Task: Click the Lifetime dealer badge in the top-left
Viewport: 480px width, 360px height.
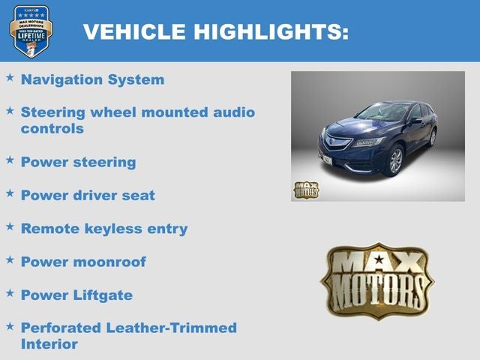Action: (x=31, y=31)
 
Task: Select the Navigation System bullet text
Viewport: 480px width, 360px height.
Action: (x=92, y=79)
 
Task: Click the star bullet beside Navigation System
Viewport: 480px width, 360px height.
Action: (x=10, y=77)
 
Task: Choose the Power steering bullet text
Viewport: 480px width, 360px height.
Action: (x=78, y=162)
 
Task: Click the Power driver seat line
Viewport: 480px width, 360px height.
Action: (x=88, y=195)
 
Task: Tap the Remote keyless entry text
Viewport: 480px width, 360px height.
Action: (x=103, y=229)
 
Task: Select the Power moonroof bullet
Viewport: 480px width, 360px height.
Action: (x=83, y=262)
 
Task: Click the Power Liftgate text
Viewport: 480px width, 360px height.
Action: (x=76, y=295)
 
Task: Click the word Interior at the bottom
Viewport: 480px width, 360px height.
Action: (x=49, y=344)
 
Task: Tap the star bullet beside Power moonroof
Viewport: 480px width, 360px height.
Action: (x=10, y=259)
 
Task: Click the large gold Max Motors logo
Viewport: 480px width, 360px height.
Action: (x=377, y=280)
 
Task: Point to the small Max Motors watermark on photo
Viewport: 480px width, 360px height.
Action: (x=305, y=190)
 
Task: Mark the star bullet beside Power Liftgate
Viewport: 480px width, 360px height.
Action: (x=10, y=292)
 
